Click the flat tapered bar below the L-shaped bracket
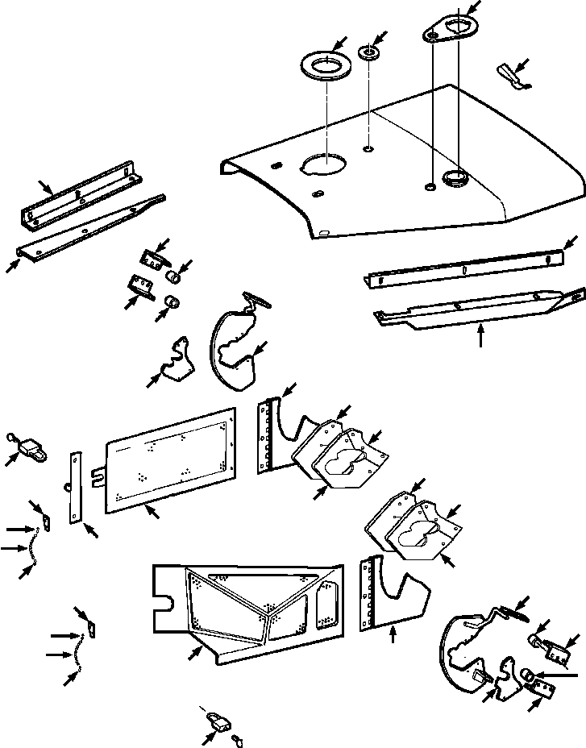point(89,229)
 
